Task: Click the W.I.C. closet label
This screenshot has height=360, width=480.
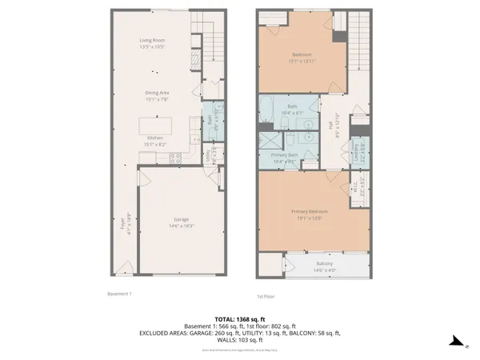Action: click(x=356, y=188)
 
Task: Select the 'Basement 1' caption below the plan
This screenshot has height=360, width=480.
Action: click(x=119, y=294)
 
